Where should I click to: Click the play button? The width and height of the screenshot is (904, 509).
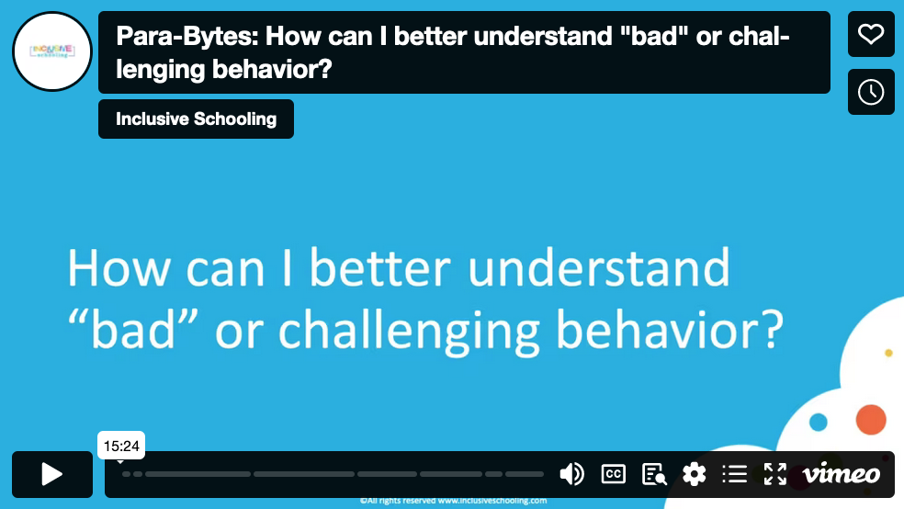click(x=52, y=474)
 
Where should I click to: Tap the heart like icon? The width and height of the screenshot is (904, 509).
click(x=870, y=34)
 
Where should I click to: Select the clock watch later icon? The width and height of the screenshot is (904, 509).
click(x=870, y=92)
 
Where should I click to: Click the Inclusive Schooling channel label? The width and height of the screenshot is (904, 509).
click(x=196, y=119)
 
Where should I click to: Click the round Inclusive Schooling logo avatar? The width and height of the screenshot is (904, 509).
click(x=52, y=52)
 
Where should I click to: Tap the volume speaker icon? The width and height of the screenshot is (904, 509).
click(x=571, y=474)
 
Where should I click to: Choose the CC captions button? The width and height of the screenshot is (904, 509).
click(x=613, y=474)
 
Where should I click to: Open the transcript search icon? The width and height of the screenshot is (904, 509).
click(x=654, y=474)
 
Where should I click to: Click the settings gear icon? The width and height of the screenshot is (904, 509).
click(x=695, y=474)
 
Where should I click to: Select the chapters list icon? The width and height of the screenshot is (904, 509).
click(x=735, y=474)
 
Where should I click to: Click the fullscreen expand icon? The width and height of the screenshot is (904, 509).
click(x=775, y=474)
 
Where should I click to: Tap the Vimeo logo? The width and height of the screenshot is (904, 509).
click(x=841, y=474)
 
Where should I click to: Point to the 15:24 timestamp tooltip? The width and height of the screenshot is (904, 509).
click(x=121, y=446)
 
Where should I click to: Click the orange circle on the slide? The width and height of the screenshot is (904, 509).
click(x=870, y=419)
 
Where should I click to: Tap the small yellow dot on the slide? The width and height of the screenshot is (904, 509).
click(x=888, y=353)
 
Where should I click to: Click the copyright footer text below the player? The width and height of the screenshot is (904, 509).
click(x=453, y=501)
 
